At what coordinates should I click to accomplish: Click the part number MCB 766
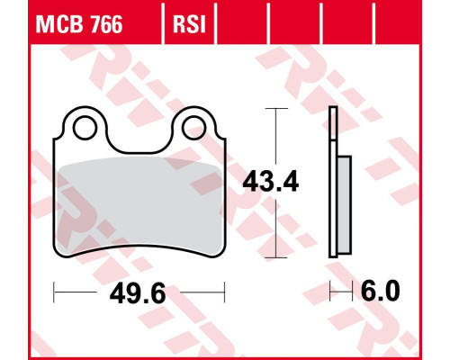coord(79,24)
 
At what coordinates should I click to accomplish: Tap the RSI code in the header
coord(189,24)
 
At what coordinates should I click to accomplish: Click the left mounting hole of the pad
coord(85,128)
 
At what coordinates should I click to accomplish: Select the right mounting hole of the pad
coord(193,128)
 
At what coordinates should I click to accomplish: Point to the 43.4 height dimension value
coord(271,182)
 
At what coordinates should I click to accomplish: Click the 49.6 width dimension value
coord(138,293)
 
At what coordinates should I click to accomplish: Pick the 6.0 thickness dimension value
coord(381,291)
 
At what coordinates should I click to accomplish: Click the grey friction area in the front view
coord(139,205)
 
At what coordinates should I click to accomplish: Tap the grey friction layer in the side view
coord(345,205)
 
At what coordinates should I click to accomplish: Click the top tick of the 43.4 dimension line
coord(276,108)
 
